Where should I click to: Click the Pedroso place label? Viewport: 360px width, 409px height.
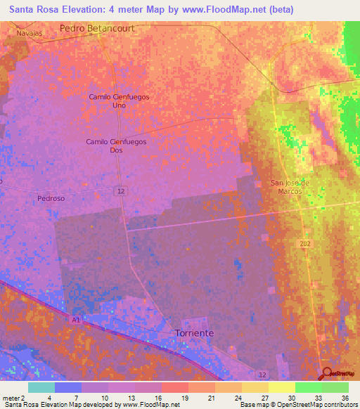click(x=51, y=199)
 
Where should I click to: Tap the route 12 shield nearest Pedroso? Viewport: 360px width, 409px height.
click(x=122, y=191)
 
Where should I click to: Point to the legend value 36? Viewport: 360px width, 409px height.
click(x=345, y=397)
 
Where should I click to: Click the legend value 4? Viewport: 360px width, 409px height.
click(x=49, y=397)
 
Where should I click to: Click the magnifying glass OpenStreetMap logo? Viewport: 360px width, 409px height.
click(x=328, y=373)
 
